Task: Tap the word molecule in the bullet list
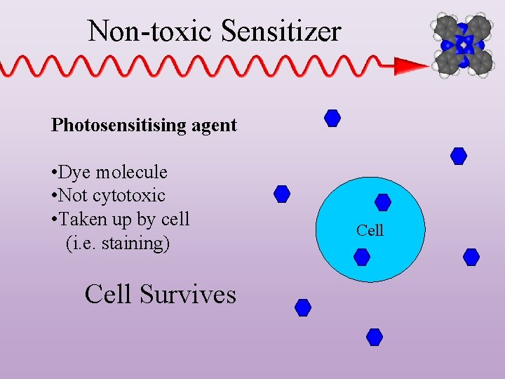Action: coord(132,172)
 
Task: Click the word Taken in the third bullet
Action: coord(80,219)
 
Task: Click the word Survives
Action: coord(188,294)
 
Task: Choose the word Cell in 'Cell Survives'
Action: coord(107,294)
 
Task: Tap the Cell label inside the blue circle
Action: coord(370,230)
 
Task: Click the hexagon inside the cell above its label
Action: coord(383,203)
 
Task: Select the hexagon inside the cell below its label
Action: coord(362,257)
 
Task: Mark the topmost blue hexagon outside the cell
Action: coord(332,118)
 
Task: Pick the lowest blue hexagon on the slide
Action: coord(375,338)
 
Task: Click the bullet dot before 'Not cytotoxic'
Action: coord(54,196)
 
